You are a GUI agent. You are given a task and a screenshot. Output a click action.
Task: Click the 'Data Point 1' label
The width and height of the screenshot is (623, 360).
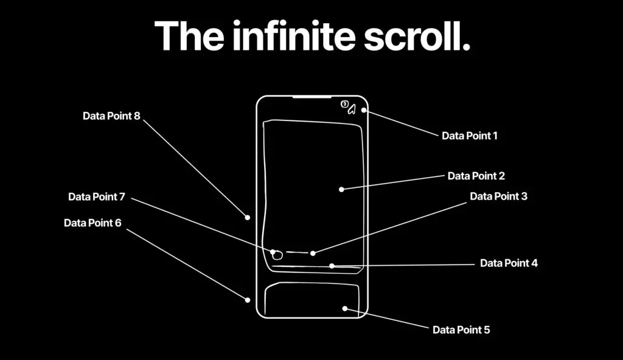pyautogui.click(x=470, y=136)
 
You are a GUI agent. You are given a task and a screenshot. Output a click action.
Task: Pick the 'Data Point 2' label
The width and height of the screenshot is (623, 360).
pyautogui.click(x=476, y=176)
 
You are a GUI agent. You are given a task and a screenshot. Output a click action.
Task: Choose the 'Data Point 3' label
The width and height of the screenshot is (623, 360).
pyautogui.click(x=499, y=196)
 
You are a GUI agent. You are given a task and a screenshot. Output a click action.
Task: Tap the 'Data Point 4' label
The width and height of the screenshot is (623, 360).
pyautogui.click(x=509, y=263)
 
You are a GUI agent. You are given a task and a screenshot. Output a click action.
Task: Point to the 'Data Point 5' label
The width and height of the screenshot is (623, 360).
pyautogui.click(x=461, y=330)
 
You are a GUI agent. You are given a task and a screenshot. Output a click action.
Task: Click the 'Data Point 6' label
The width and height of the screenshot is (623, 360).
pyautogui.click(x=92, y=223)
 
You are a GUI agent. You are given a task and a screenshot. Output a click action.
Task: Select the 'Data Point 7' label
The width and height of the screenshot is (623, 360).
pyautogui.click(x=97, y=196)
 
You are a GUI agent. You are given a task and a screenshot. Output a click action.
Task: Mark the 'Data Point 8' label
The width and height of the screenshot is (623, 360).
pyautogui.click(x=111, y=116)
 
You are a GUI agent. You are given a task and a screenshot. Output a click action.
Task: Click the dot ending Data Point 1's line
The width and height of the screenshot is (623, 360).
pyautogui.click(x=364, y=110)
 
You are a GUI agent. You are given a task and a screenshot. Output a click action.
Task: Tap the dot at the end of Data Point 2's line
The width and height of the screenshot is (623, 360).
pyautogui.click(x=341, y=190)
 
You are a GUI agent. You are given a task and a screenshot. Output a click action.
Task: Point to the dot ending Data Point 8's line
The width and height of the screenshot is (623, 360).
pyautogui.click(x=247, y=217)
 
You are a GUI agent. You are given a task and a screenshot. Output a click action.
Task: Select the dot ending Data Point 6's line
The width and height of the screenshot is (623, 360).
pyautogui.click(x=247, y=300)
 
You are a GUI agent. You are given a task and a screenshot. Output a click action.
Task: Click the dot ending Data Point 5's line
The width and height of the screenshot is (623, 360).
pyautogui.click(x=345, y=308)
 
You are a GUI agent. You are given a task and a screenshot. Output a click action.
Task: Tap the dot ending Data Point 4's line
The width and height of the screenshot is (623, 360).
pyautogui.click(x=332, y=266)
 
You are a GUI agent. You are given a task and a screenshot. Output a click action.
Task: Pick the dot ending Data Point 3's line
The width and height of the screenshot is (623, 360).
pyautogui.click(x=313, y=253)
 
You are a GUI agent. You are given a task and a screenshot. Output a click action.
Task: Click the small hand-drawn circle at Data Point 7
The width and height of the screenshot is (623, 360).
pyautogui.click(x=277, y=251)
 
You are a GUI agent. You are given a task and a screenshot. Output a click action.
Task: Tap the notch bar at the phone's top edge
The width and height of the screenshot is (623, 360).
pyautogui.click(x=312, y=97)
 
